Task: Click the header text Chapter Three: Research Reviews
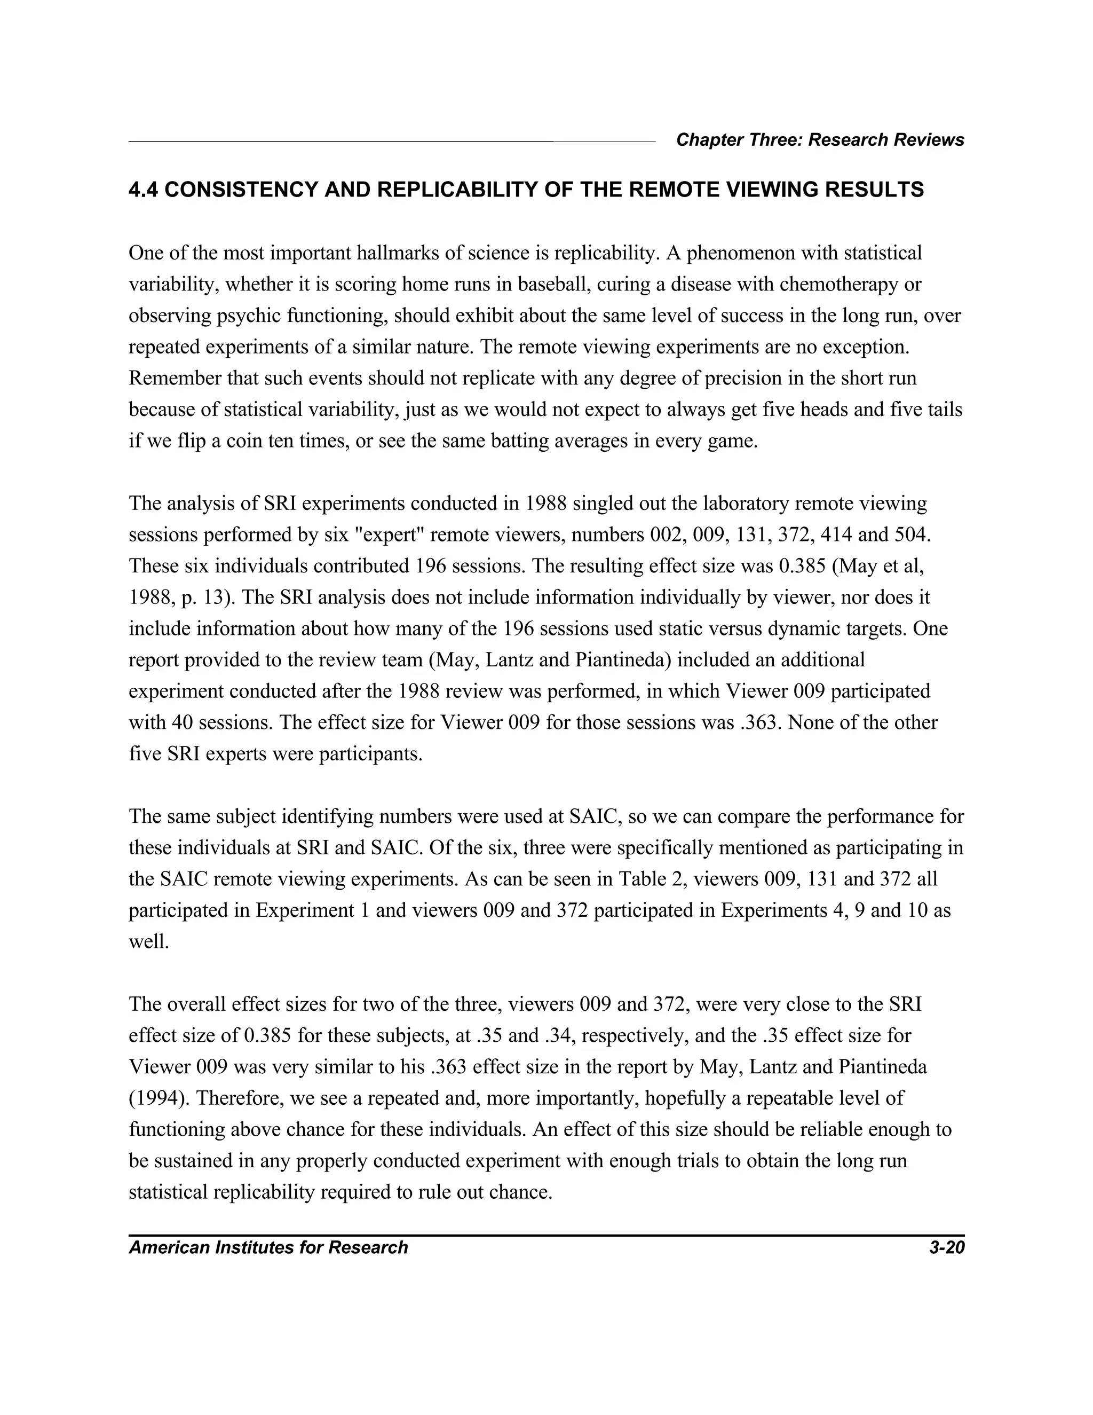[x=820, y=140]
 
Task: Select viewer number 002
[x=667, y=535]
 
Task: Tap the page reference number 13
[x=213, y=598]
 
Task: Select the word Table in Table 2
[x=640, y=879]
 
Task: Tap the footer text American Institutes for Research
[x=268, y=1247]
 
